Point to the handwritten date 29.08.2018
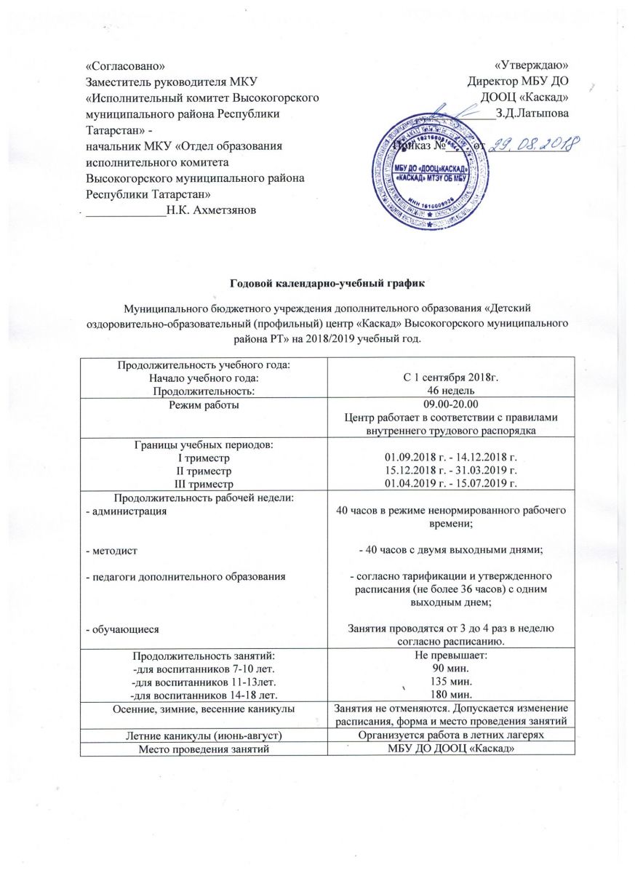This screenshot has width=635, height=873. [x=528, y=145]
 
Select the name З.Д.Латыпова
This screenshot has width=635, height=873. [x=532, y=113]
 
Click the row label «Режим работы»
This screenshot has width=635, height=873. [x=203, y=404]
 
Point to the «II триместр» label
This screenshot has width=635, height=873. [x=203, y=470]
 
